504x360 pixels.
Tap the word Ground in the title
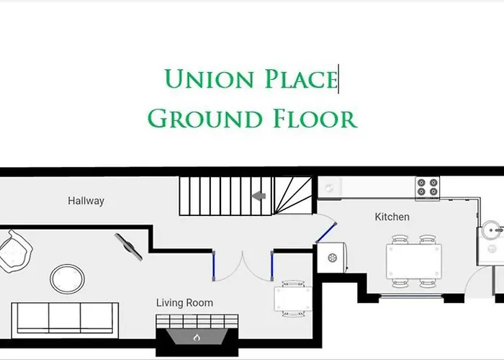pos(197,117)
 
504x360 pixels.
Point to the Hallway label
pos(86,201)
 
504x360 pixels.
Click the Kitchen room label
pos(392,217)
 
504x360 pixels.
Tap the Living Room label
pos(184,303)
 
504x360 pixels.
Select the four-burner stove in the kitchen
pos(427,189)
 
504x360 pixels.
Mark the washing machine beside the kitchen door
pos(333,257)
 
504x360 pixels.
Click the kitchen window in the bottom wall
pos(414,296)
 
